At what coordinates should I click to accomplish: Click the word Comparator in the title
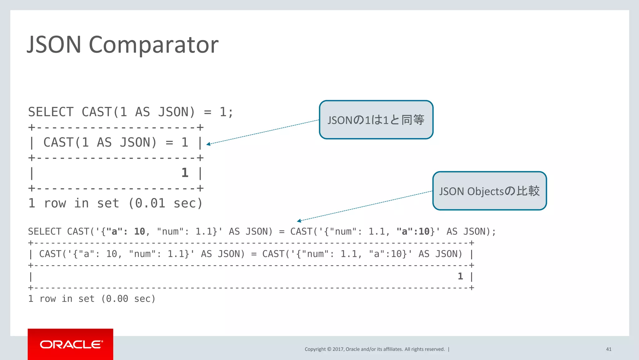click(154, 45)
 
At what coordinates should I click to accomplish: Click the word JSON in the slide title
click(54, 44)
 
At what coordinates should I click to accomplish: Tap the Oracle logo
click(71, 344)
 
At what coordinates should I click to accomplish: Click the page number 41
click(608, 349)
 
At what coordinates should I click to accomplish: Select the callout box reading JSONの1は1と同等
click(376, 120)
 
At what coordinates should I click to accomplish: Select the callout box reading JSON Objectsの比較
click(489, 191)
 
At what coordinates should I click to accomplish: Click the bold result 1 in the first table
click(185, 173)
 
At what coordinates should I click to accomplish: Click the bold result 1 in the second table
click(460, 276)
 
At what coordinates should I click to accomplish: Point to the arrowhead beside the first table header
click(208, 144)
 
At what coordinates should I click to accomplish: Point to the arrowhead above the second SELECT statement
click(299, 221)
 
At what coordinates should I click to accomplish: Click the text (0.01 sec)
click(165, 204)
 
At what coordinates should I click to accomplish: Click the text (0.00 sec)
click(128, 299)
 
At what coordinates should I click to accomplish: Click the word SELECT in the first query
click(51, 112)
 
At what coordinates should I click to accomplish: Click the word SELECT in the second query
click(45, 232)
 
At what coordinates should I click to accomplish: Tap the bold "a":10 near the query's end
click(413, 232)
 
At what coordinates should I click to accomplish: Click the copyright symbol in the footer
click(329, 349)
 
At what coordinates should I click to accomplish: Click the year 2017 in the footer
click(338, 349)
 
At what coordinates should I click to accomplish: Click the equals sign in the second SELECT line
click(281, 232)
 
